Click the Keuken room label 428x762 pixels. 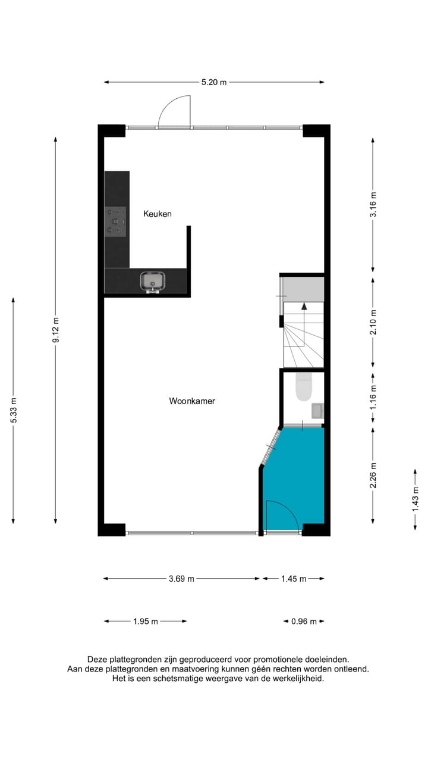158,213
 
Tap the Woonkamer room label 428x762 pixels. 192,401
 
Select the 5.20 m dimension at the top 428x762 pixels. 214,82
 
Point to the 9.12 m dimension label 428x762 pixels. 56,330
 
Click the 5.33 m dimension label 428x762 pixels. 13,411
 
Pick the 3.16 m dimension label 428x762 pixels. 373,204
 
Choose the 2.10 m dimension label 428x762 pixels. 373,322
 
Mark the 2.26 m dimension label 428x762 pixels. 373,476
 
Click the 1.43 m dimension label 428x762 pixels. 416,498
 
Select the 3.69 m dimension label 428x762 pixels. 181,579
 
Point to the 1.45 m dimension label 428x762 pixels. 294,579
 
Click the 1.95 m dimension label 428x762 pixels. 145,622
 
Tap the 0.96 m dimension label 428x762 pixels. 303,622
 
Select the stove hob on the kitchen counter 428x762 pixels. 115,221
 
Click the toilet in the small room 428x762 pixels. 304,388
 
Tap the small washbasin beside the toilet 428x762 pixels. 317,411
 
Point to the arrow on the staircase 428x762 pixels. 304,307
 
